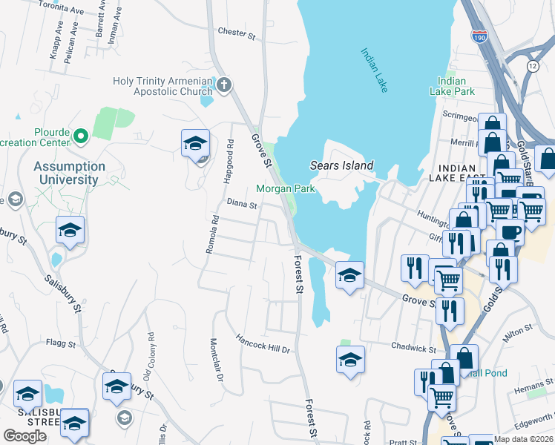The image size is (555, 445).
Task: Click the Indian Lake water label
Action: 375,70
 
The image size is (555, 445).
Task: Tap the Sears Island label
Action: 341,165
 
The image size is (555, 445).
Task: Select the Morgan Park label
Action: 286,188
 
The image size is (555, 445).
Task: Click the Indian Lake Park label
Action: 452,86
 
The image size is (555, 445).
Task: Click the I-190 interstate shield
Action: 479,35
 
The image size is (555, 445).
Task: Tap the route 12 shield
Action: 532,66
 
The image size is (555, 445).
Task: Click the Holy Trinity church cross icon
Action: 225,83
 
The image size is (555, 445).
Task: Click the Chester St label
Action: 237,33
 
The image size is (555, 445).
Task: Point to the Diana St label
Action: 241,203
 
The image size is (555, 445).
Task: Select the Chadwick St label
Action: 413,347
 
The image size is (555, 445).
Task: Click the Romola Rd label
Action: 211,234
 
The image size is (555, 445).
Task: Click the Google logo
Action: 24,436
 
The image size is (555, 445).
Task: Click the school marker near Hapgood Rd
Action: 196,143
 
